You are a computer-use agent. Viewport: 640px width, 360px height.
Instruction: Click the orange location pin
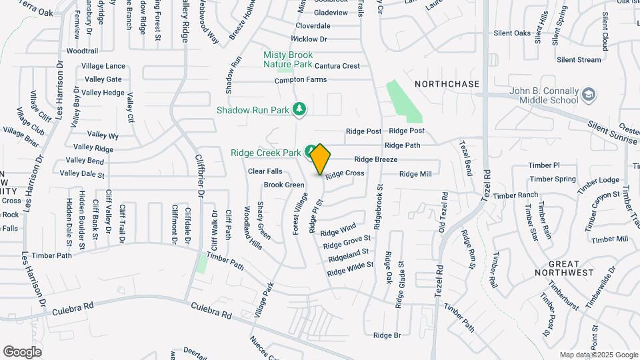[x=320, y=159]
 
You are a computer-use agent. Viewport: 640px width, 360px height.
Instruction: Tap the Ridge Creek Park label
[x=266, y=153]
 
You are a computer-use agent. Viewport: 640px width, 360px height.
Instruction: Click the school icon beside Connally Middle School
[x=589, y=95]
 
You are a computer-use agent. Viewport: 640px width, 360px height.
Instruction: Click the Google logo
[x=22, y=352]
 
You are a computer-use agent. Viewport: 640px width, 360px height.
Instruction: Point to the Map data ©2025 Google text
[x=598, y=355]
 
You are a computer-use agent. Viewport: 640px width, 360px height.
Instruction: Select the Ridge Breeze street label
[x=375, y=159]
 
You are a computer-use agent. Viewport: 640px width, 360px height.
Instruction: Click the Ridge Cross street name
[x=345, y=173]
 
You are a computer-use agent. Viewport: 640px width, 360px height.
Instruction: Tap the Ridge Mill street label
[x=415, y=174]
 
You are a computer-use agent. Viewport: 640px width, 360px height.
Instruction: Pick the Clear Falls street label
[x=265, y=171]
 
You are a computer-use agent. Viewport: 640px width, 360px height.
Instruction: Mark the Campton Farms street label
[x=301, y=80]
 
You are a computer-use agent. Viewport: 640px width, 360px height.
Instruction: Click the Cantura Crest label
[x=337, y=66]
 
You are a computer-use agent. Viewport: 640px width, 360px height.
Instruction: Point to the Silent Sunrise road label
[x=613, y=132]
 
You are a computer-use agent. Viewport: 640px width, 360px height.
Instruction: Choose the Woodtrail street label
[x=83, y=51]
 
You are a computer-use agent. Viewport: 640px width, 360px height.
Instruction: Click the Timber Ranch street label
[x=515, y=195]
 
